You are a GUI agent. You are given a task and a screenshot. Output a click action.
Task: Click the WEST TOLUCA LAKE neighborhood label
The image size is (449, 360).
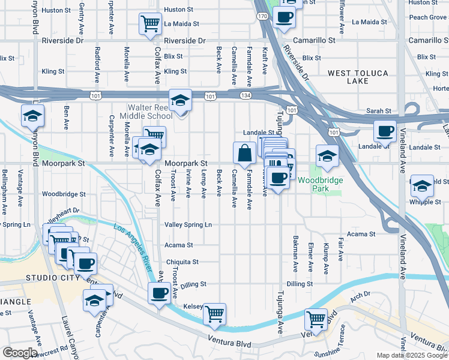point(358,77)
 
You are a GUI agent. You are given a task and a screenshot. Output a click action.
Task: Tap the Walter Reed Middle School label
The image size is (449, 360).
point(146,112)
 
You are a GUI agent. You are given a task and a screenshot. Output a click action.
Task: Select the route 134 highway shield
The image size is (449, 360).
point(247,96)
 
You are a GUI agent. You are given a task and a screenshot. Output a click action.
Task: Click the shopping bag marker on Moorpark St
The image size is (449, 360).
point(244,153)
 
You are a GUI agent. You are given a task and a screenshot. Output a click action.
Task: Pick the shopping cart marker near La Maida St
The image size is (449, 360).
point(150,24)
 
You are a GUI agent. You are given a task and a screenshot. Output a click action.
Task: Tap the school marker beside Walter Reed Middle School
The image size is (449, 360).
point(179,100)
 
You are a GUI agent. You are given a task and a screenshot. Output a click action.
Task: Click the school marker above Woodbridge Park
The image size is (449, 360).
point(327,155)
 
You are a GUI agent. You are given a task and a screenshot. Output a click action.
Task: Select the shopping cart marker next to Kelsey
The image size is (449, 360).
point(214,313)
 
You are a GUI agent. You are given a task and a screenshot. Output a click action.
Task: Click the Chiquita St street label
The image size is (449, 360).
point(182,262)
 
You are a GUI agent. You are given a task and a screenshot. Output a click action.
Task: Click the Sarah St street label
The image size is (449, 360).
point(379,112)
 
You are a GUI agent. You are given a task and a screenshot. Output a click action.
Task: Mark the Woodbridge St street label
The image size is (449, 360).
point(64,194)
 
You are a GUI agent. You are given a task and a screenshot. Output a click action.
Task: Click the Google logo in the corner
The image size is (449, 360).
point(20,353)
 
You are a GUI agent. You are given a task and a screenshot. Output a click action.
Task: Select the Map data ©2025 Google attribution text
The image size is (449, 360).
point(412,355)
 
